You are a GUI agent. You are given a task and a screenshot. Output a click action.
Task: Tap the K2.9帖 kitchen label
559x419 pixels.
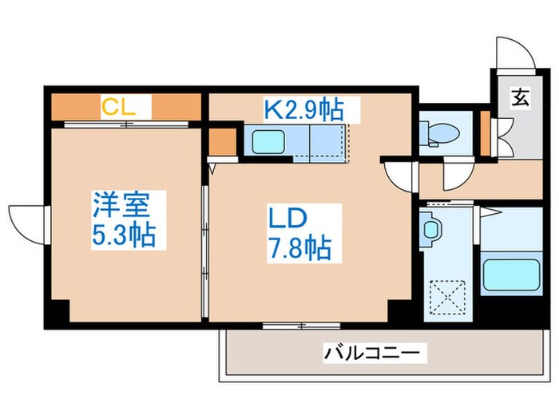[311, 107]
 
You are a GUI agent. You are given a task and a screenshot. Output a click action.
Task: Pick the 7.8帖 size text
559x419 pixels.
[297, 250]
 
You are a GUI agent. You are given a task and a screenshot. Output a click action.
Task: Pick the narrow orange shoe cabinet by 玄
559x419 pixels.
[486, 132]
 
